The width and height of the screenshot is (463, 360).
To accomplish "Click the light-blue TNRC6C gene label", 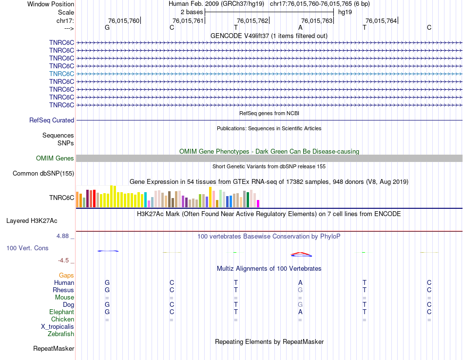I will [61, 74].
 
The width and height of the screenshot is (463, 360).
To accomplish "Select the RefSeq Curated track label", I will [52, 120].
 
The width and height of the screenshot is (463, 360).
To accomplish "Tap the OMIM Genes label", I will [55, 158].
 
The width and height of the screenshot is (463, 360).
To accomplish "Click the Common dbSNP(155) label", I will [43, 173].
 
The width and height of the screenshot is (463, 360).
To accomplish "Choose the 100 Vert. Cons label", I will [27, 248].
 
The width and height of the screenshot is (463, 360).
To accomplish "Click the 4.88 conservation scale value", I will [65, 236].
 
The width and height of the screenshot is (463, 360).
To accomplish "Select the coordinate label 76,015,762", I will [252, 20].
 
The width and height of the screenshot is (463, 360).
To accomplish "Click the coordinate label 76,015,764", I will [381, 20].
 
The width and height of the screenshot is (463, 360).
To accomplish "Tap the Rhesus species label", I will [63, 290].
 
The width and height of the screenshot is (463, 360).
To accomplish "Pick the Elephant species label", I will [61, 312].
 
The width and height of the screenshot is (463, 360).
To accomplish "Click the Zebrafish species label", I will [61, 334].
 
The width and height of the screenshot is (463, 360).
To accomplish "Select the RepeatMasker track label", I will [54, 349].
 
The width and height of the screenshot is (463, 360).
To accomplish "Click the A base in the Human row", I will [300, 282].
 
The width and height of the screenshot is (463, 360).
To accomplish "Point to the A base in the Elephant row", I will [300, 312].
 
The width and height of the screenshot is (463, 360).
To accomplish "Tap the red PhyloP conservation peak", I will [300, 253].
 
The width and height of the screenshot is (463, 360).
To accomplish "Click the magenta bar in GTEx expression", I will [258, 203].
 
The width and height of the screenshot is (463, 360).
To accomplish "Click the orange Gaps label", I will [66, 276].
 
